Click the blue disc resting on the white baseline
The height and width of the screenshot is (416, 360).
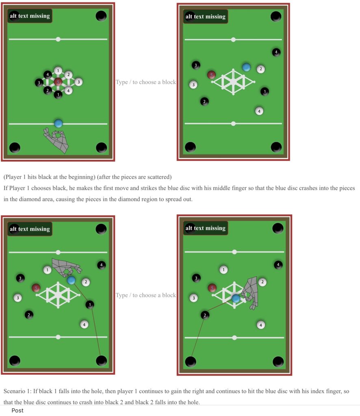tap(59, 123)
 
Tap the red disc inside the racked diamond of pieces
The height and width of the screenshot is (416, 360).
tap(58, 82)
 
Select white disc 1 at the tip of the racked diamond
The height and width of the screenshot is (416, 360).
tap(58, 71)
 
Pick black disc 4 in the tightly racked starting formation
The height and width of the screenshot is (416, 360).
tap(48, 75)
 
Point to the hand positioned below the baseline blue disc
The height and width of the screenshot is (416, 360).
tap(56, 141)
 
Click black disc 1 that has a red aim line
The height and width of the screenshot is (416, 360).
tap(90, 305)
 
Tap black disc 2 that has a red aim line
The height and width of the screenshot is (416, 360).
tap(205, 315)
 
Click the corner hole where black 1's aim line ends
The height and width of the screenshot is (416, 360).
tap(101, 361)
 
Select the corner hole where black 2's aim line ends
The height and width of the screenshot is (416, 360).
tap(191, 362)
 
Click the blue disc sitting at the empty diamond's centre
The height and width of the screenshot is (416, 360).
tap(236, 299)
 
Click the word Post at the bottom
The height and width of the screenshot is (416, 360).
tap(17, 410)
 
